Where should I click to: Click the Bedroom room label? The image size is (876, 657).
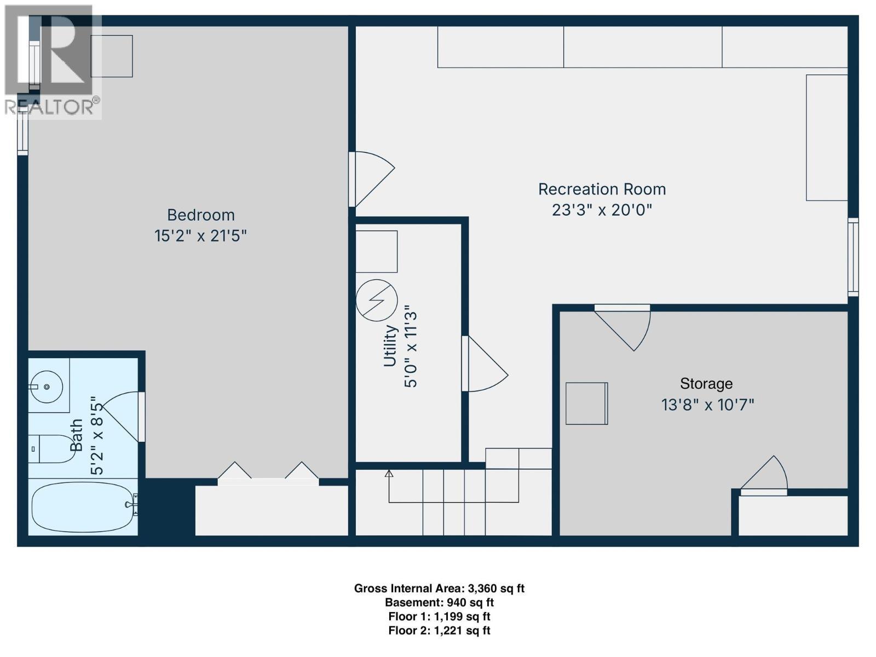coord(200,215)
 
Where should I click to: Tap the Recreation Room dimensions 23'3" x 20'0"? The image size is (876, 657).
coord(602,210)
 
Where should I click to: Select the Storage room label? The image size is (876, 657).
coord(706,383)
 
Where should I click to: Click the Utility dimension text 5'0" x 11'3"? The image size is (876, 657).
coord(411,349)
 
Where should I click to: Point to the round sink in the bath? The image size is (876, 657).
coord(47,387)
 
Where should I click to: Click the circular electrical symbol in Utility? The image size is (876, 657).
coord(377,300)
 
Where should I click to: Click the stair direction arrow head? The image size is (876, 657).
coord(389,473)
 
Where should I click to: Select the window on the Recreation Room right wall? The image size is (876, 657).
coord(853,257)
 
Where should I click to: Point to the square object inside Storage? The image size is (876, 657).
coord(586,404)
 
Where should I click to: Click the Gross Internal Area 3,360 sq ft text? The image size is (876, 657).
coord(439,589)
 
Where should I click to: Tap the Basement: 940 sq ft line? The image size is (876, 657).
coord(439,603)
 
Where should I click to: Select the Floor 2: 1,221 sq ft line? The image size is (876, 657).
coord(439,631)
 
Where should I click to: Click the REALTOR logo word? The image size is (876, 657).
coord(49,107)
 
